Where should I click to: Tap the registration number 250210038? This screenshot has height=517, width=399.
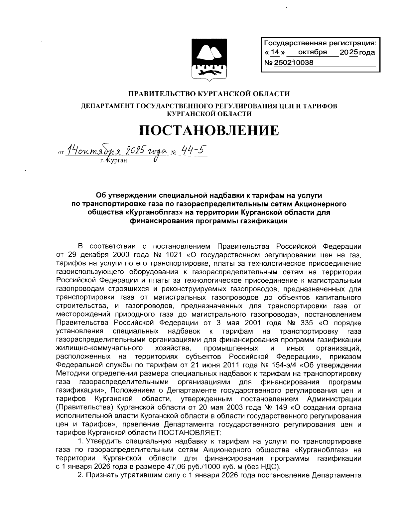pos(294,62)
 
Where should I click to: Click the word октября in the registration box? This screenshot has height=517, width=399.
pos(313,52)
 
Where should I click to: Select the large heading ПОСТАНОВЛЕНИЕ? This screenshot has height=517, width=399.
pos(209,130)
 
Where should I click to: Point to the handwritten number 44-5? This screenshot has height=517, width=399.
pos(193,151)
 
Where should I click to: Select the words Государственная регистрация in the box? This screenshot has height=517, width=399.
pos(319,43)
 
